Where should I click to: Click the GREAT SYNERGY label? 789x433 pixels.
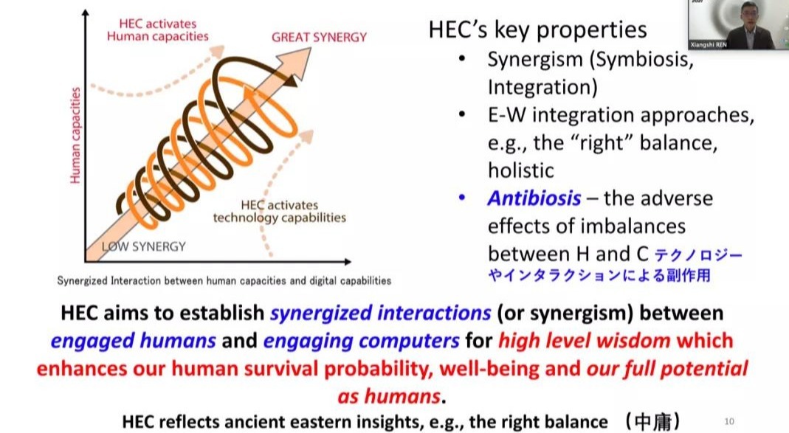(319, 37)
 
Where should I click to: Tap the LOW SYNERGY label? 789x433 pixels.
(144, 246)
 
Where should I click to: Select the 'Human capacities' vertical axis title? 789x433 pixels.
(75, 135)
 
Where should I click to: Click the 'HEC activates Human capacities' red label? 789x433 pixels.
(157, 30)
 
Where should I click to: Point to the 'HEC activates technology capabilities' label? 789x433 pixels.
(279, 211)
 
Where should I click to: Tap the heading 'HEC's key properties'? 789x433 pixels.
(537, 30)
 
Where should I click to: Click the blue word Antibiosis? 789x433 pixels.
(534, 198)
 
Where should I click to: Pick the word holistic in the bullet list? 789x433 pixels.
(521, 170)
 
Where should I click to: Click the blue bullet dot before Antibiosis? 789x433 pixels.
(462, 198)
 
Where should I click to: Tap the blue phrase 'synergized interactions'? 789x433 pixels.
(380, 313)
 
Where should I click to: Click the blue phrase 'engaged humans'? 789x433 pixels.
(134, 341)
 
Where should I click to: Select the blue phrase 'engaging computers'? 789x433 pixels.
(362, 341)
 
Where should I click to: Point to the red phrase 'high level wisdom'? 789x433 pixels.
(585, 341)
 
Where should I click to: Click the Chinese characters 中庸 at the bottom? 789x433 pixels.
(653, 421)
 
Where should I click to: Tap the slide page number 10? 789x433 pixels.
(729, 421)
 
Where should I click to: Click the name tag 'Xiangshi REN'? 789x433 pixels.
(709, 45)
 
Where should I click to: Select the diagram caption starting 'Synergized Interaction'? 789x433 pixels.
(224, 280)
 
